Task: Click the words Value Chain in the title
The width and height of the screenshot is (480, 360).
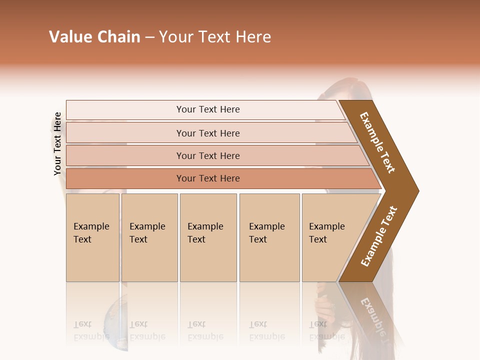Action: click(94, 37)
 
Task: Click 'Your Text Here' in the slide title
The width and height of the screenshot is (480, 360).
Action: click(215, 37)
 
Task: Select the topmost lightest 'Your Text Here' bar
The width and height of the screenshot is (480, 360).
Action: click(207, 109)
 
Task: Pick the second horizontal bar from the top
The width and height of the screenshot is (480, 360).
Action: click(207, 133)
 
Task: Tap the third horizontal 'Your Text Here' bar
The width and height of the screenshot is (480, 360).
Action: click(207, 155)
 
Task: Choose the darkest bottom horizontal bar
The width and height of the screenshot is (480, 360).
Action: click(207, 178)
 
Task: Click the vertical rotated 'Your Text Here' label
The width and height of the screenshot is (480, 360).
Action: click(57, 143)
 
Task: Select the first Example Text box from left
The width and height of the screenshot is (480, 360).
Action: click(92, 237)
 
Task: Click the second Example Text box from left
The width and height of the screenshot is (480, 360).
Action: click(149, 237)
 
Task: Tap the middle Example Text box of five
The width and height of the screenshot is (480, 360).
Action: click(208, 237)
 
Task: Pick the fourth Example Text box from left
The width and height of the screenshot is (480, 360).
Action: click(269, 237)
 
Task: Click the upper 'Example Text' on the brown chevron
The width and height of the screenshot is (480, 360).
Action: click(377, 142)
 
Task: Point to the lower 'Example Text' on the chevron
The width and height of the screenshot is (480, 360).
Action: click(379, 236)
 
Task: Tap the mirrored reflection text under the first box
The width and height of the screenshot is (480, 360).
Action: click(91, 330)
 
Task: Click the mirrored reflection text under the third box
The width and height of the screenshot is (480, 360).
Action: click(205, 330)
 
